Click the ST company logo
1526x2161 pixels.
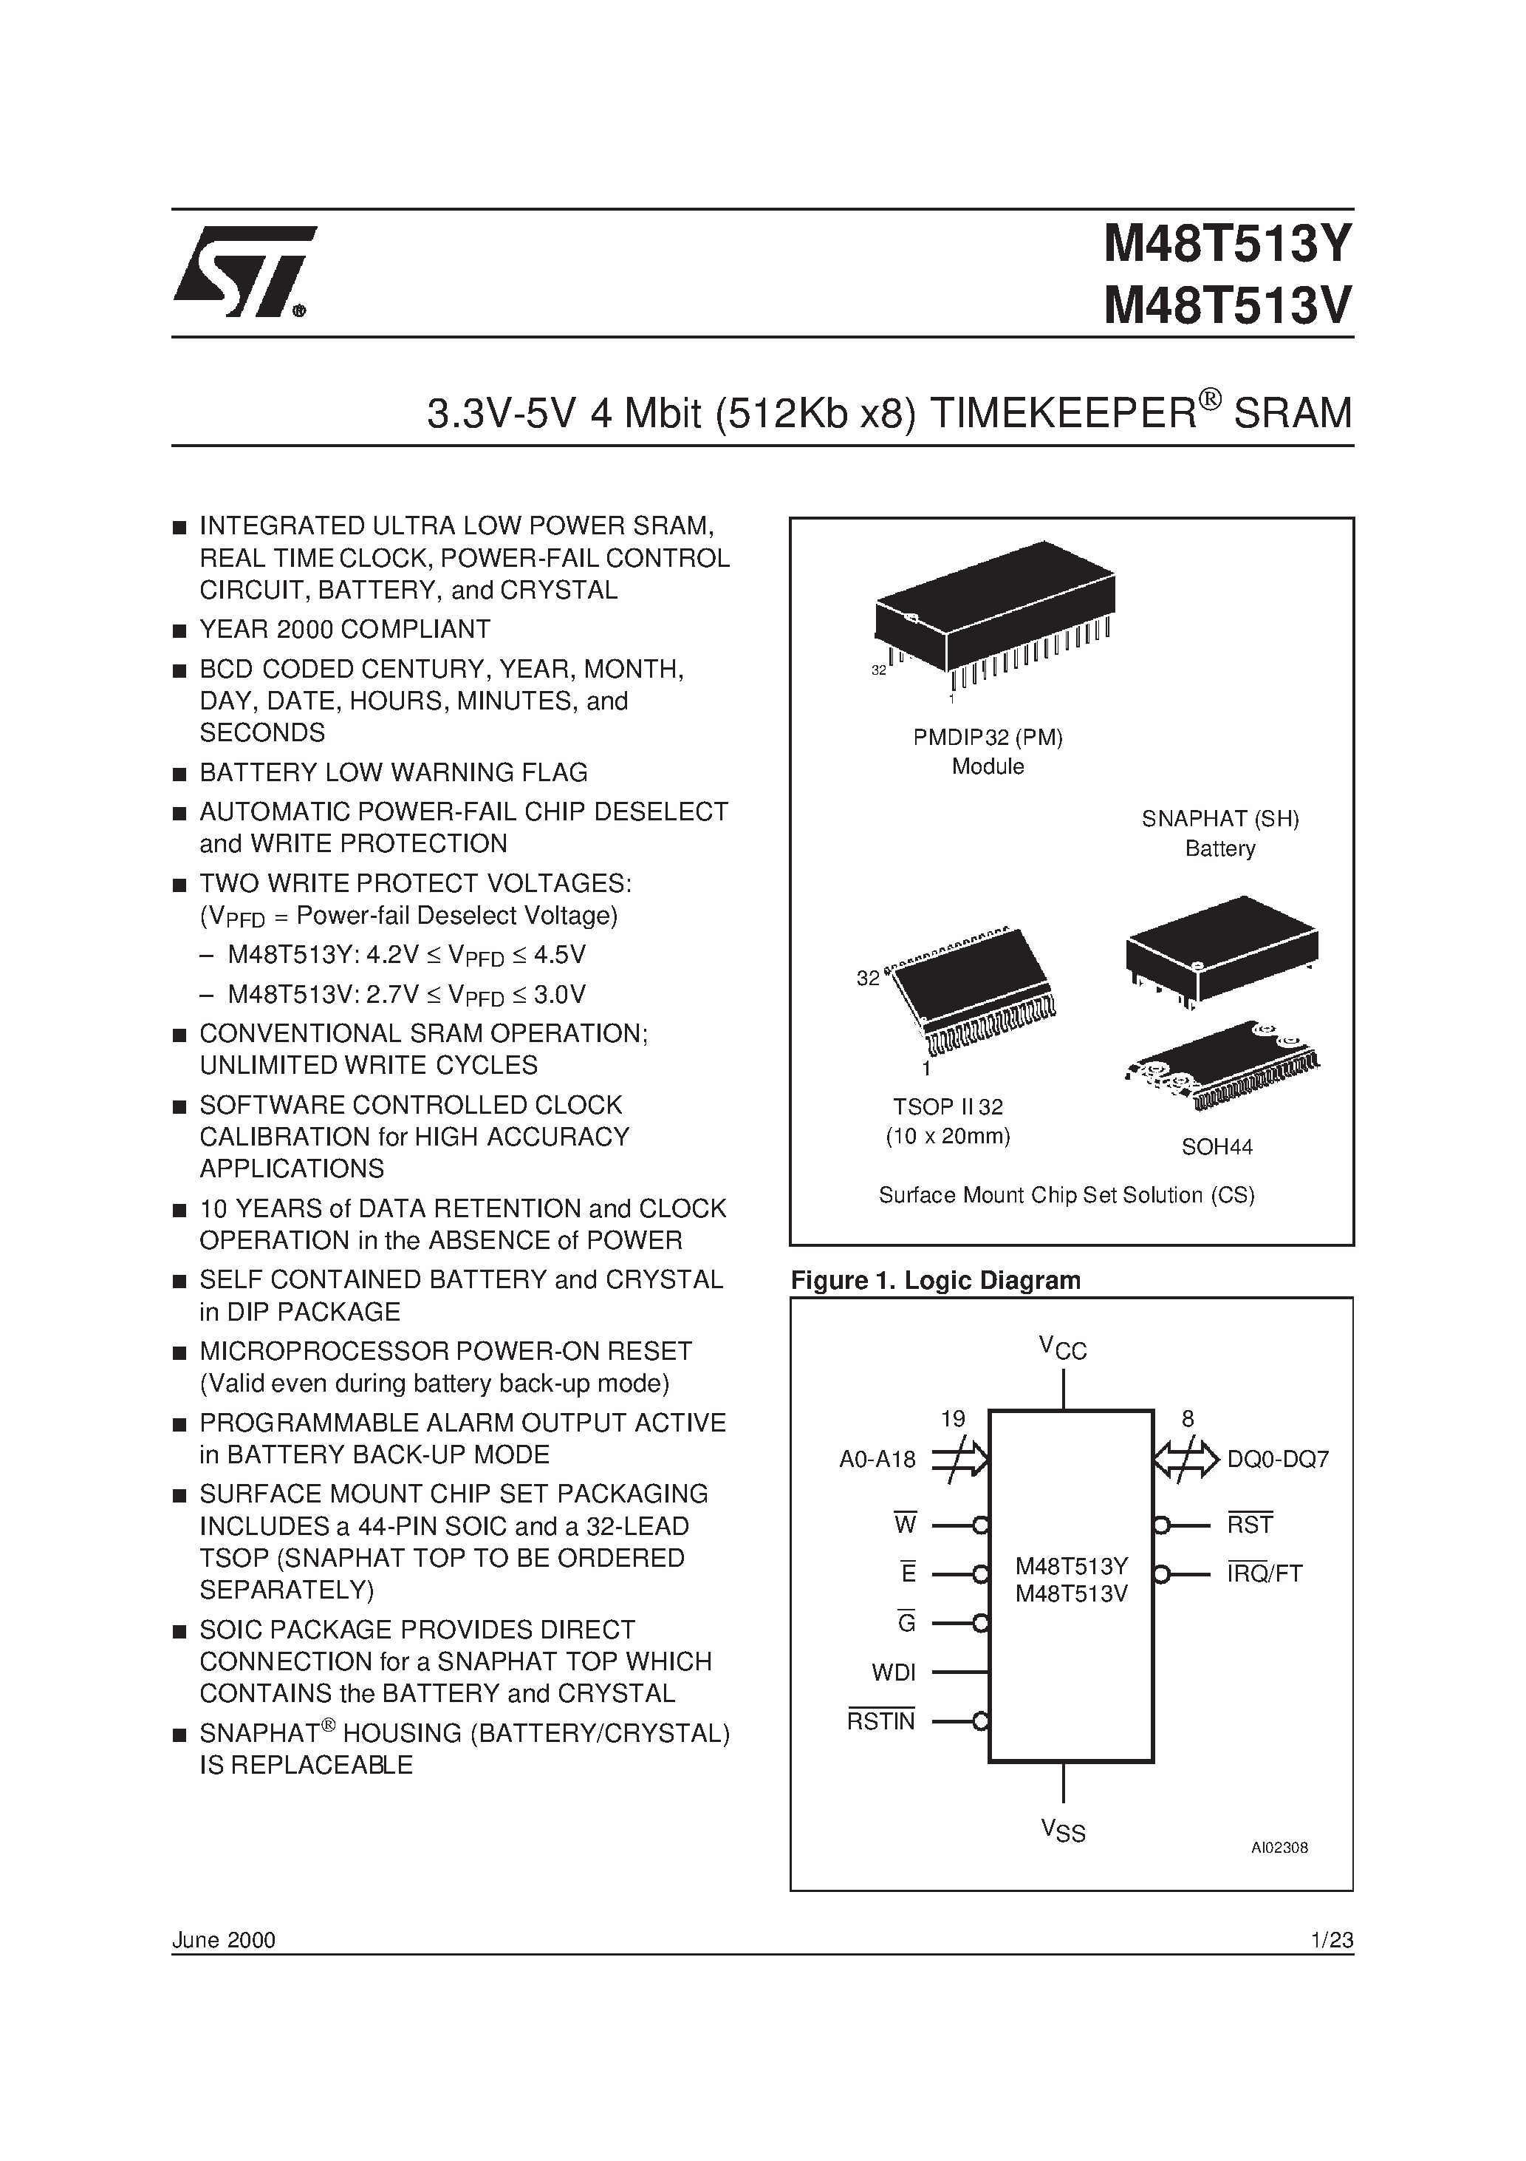(243, 272)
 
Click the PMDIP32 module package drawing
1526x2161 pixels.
(994, 613)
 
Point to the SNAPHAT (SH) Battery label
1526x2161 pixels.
(1219, 833)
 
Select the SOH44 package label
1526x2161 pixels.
(1217, 1146)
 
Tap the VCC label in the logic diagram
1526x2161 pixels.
(1063, 1348)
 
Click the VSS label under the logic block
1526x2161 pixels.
(1063, 1831)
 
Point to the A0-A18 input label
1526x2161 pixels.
(877, 1460)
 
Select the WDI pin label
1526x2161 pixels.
(893, 1672)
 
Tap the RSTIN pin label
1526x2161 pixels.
(880, 1721)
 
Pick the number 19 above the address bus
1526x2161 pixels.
(952, 1418)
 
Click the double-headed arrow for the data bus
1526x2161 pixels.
(1186, 1460)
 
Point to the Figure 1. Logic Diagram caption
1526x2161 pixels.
(935, 1280)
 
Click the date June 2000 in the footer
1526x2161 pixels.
(224, 1940)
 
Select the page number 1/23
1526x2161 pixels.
(1331, 1940)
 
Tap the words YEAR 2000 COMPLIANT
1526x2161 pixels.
(344, 629)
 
